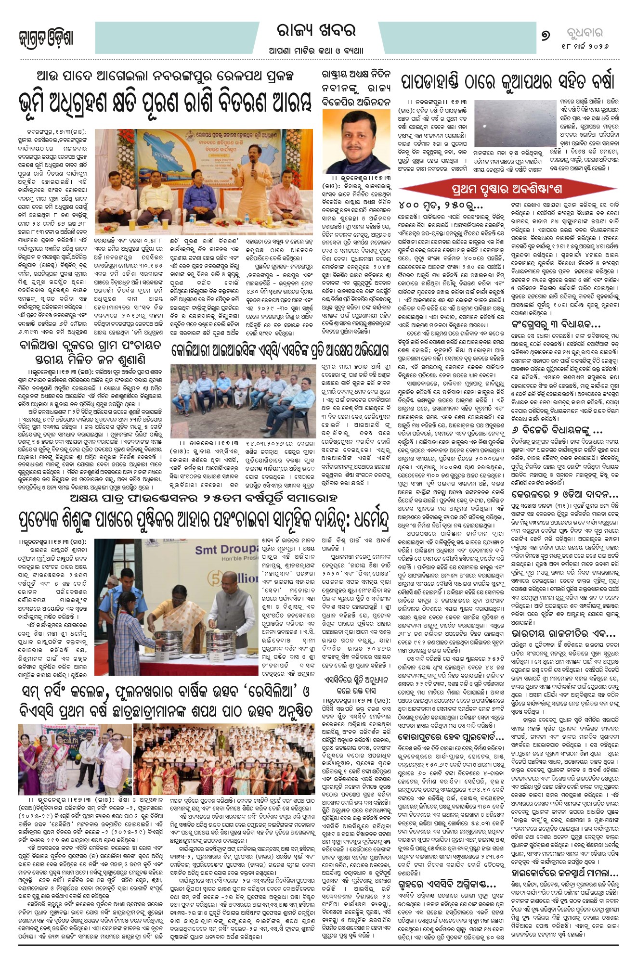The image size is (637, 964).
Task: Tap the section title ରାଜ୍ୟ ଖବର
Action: tap(317, 31)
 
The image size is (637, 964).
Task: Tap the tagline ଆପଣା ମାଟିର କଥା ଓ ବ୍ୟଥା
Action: tap(316, 51)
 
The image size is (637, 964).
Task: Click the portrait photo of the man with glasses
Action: tap(357, 141)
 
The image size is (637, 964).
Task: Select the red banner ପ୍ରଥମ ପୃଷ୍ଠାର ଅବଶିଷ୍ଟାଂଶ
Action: tap(506, 189)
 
